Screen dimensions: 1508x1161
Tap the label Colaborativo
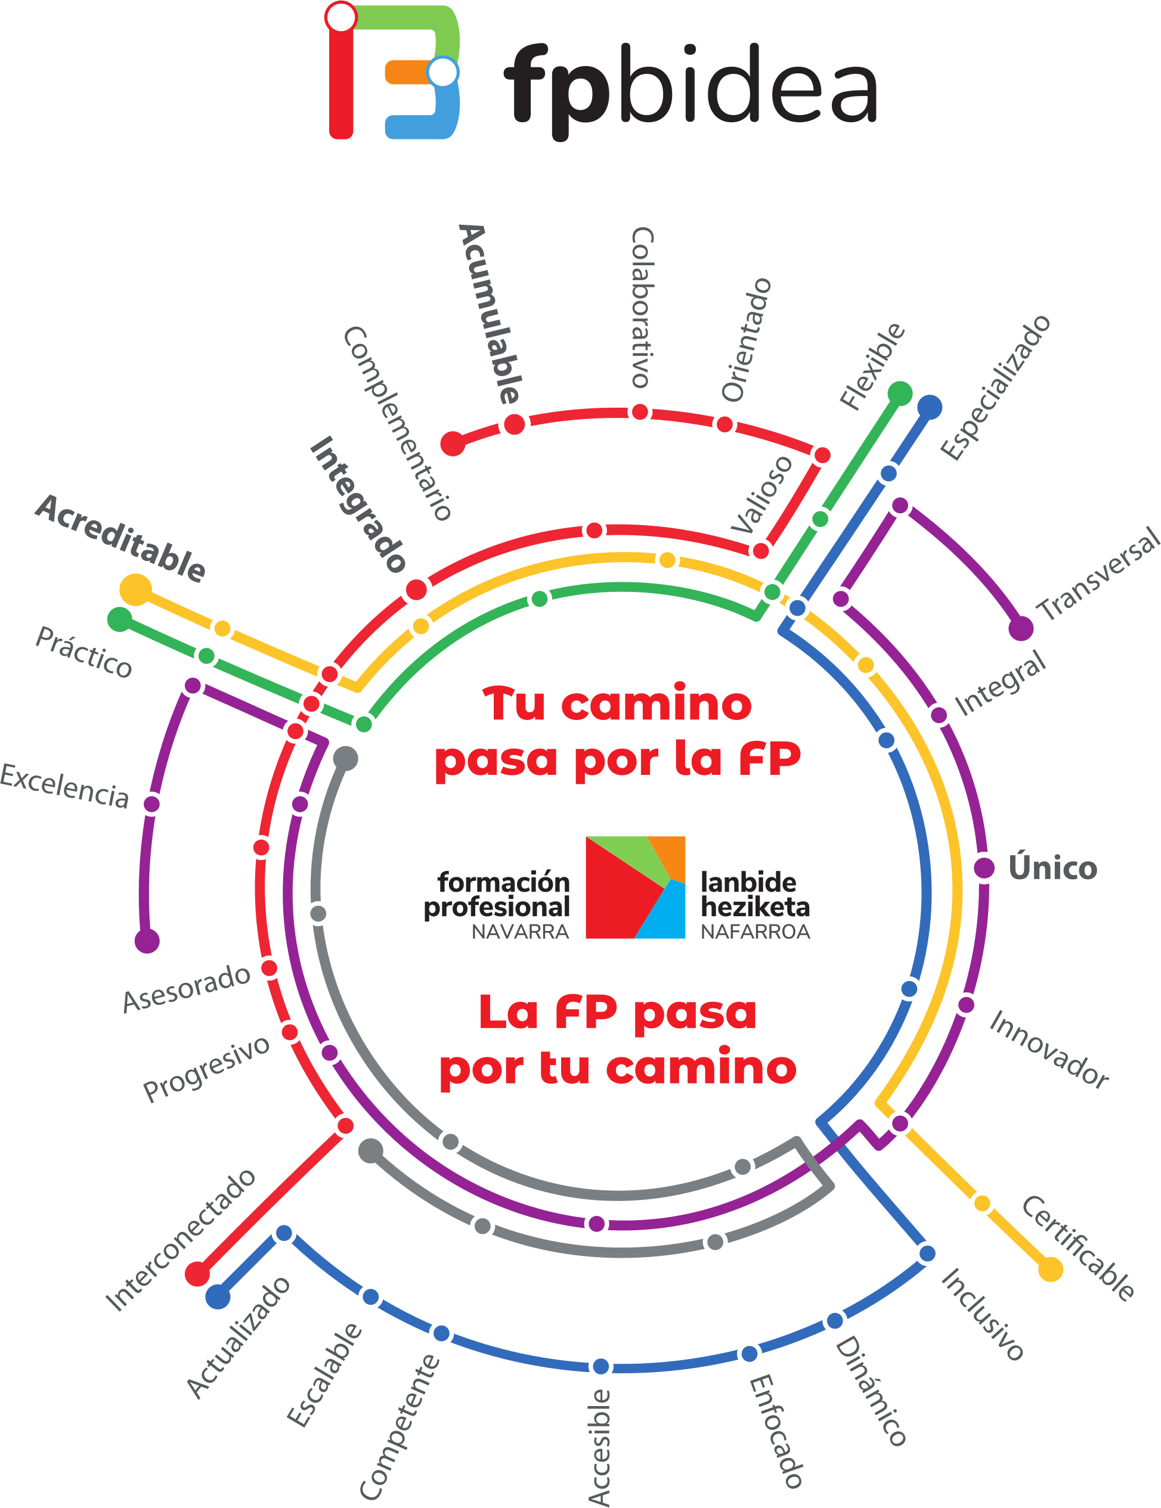click(642, 307)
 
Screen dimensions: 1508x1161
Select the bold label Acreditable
click(121, 539)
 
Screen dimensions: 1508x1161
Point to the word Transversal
click(1098, 575)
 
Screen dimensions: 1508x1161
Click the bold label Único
click(1052, 868)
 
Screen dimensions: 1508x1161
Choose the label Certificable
click(1078, 1248)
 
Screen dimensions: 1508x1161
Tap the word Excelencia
click(64, 786)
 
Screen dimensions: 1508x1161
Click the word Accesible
click(599, 1447)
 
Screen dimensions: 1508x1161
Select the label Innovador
click(1048, 1050)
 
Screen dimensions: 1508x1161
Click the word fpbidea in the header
click(691, 86)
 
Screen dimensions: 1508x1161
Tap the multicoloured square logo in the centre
click(634, 888)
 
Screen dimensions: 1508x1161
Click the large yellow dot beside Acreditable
click(135, 589)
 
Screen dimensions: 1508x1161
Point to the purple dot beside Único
click(983, 868)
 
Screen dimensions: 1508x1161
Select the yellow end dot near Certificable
click(1050, 1269)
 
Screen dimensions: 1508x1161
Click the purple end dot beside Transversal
click(1021, 629)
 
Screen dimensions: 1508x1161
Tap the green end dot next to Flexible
click(899, 393)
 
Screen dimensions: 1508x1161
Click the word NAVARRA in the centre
click(519, 932)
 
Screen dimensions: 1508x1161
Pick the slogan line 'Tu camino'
click(617, 705)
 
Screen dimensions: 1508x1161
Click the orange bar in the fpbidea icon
click(407, 72)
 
